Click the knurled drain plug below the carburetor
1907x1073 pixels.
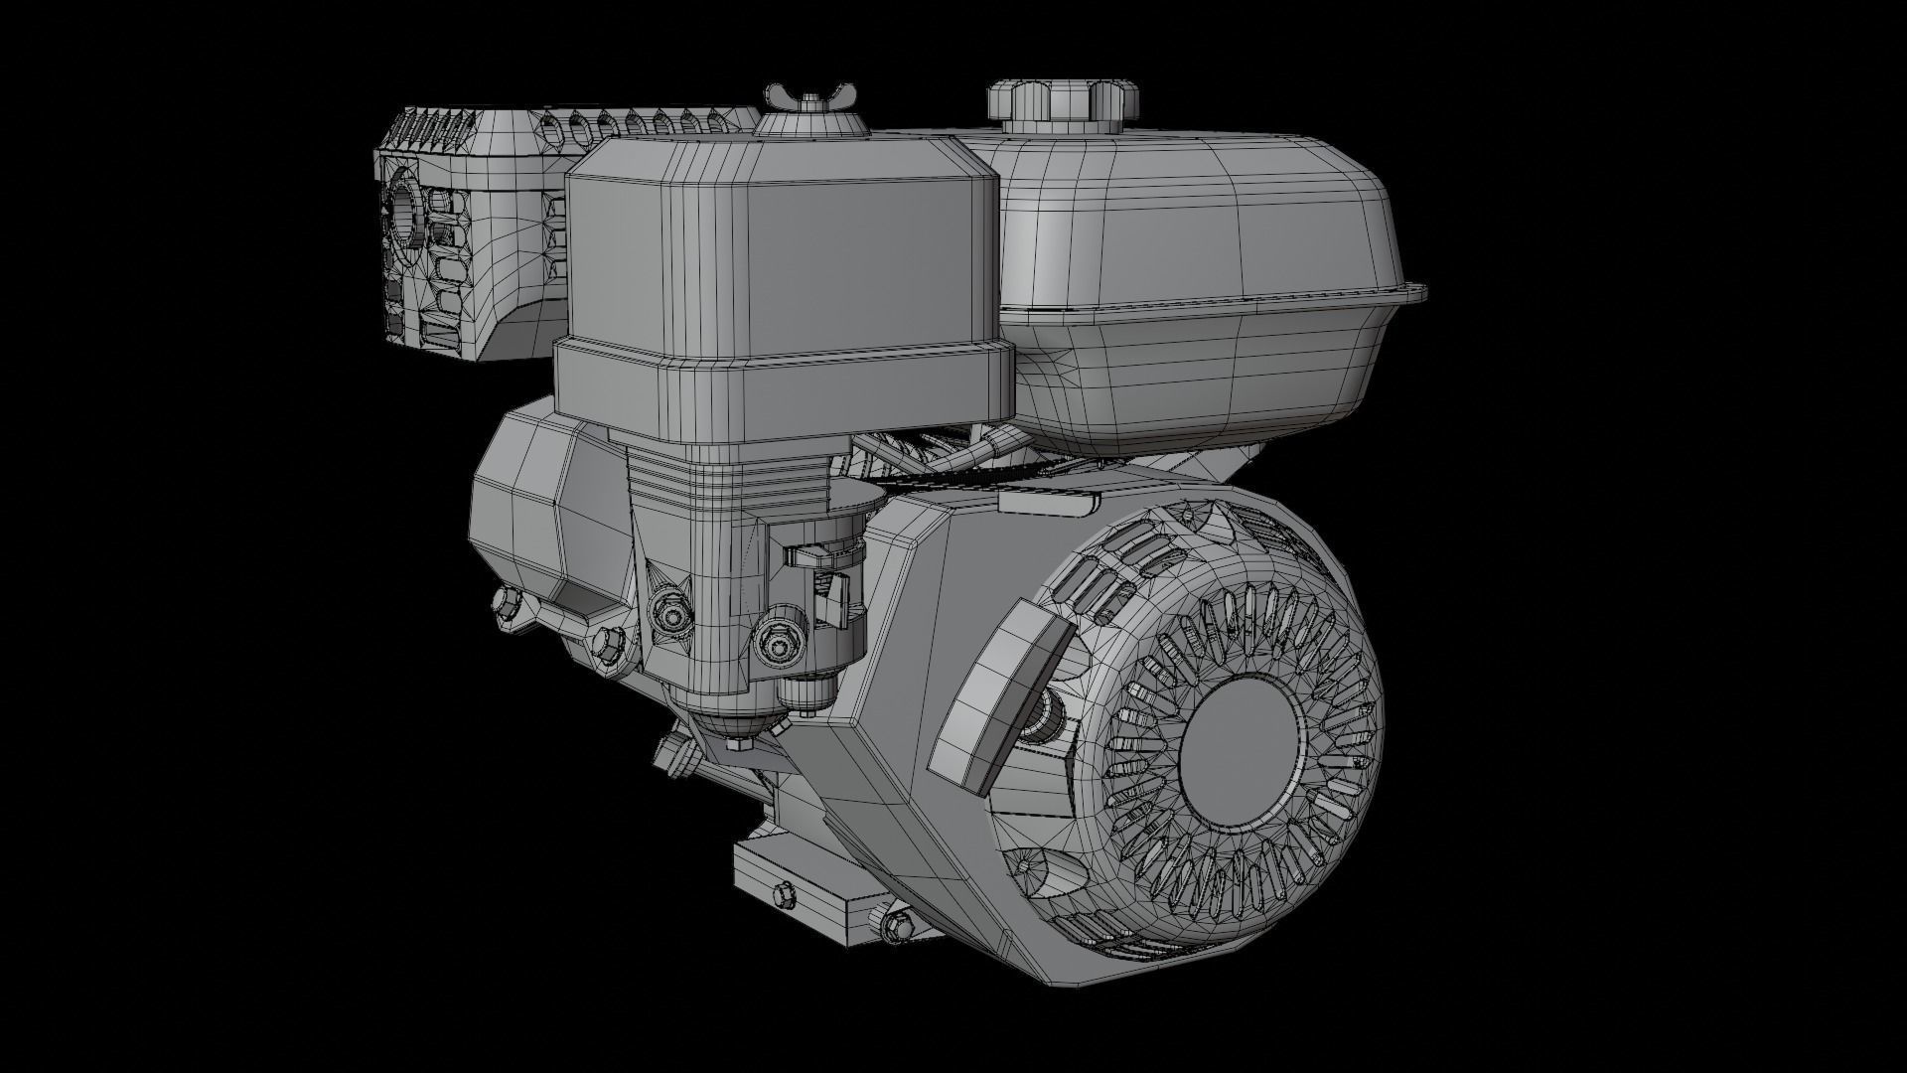pyautogui.click(x=804, y=690)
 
